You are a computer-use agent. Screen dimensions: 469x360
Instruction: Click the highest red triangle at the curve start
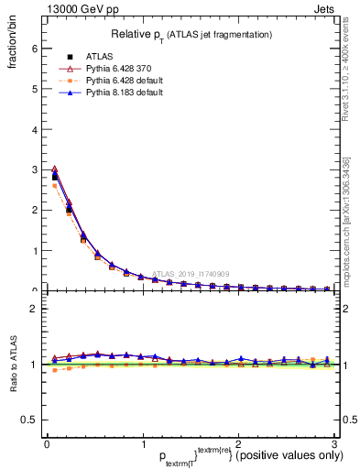[x=55, y=169]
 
